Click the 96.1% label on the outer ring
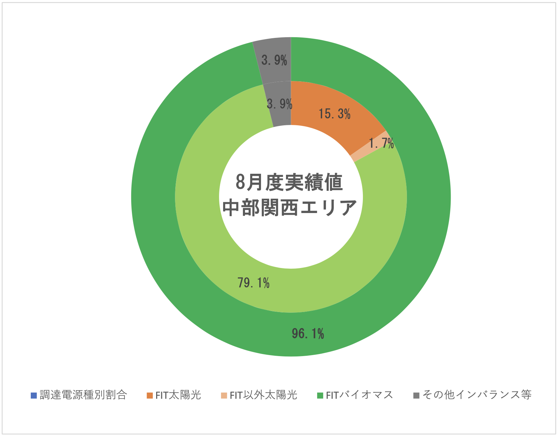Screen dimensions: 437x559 click(308, 334)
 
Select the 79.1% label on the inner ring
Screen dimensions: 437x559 click(254, 283)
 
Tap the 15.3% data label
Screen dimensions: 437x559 click(335, 114)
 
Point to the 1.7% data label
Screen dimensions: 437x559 click(381, 143)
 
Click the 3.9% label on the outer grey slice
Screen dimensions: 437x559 click(274, 60)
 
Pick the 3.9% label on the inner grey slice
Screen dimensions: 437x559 click(279, 104)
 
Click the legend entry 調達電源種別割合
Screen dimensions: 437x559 click(83, 395)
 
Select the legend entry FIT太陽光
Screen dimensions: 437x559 click(178, 395)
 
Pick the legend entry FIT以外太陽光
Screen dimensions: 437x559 click(263, 395)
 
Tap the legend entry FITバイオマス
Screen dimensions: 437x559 click(359, 395)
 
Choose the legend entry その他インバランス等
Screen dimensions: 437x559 click(477, 395)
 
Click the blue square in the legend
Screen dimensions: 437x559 click(33, 395)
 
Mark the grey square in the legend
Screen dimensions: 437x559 click(416, 395)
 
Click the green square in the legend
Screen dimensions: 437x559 click(320, 395)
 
